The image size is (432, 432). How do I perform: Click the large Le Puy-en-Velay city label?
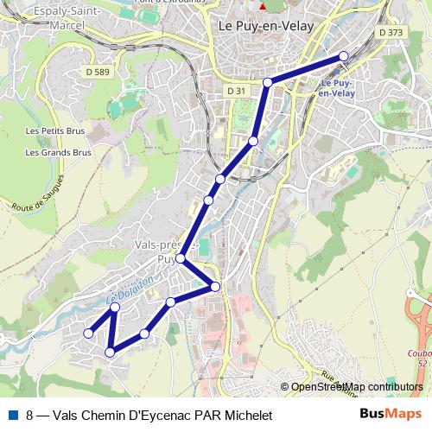click(x=265, y=26)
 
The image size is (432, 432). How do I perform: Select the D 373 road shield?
click(x=391, y=33)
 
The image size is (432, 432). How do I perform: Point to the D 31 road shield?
click(x=237, y=91)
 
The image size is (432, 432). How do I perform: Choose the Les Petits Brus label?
click(x=58, y=132)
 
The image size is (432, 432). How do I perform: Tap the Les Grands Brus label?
click(x=58, y=152)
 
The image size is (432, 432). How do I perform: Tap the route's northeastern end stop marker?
click(x=344, y=56)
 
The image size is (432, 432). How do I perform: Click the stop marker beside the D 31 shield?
click(x=268, y=82)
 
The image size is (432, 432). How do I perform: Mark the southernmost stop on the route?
click(x=110, y=352)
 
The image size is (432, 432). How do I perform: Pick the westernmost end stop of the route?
click(x=87, y=333)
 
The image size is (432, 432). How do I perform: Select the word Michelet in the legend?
click(x=246, y=416)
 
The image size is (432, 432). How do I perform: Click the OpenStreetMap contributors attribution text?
click(x=356, y=387)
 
